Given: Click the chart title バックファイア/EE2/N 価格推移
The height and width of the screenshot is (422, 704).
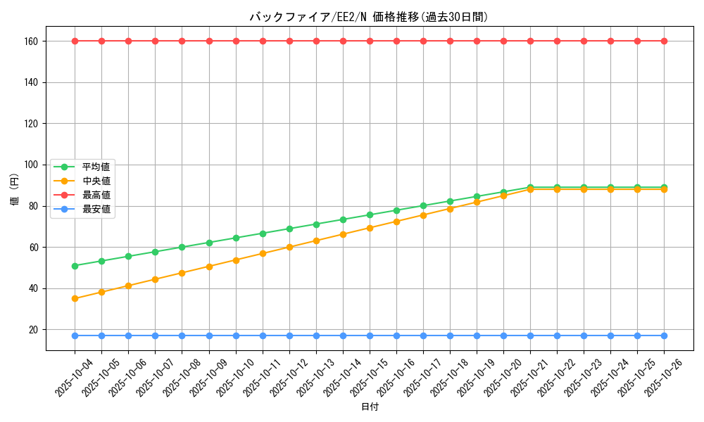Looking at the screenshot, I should tap(369, 17).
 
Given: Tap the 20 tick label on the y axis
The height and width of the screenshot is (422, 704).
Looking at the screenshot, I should tap(35, 330).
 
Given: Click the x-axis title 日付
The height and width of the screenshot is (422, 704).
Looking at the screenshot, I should tap(370, 407).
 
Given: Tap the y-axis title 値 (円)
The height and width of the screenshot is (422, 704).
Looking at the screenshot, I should tap(15, 190).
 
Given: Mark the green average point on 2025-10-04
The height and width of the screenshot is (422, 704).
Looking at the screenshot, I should tap(75, 266).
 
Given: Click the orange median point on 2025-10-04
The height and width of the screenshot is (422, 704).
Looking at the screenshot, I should tap(75, 299).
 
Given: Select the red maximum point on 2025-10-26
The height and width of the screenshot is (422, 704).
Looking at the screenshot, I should tap(664, 41).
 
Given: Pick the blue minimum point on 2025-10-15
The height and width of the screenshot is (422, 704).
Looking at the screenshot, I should tap(370, 335).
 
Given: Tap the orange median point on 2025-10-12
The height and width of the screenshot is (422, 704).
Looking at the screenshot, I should tap(289, 247).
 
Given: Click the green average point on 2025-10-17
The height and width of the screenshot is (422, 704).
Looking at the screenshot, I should tap(423, 206).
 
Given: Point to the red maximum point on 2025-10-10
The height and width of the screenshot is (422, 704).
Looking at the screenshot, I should tap(236, 41).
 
